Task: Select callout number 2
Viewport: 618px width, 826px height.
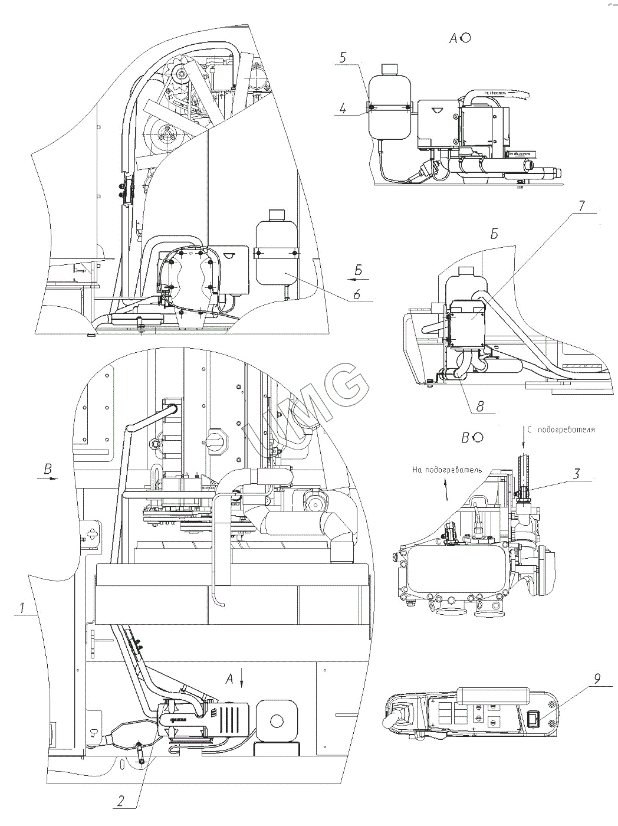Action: (x=120, y=801)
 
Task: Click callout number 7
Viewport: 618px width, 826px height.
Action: (x=581, y=206)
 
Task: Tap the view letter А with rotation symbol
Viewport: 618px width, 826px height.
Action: (x=454, y=38)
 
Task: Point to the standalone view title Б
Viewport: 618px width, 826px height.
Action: (x=494, y=234)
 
